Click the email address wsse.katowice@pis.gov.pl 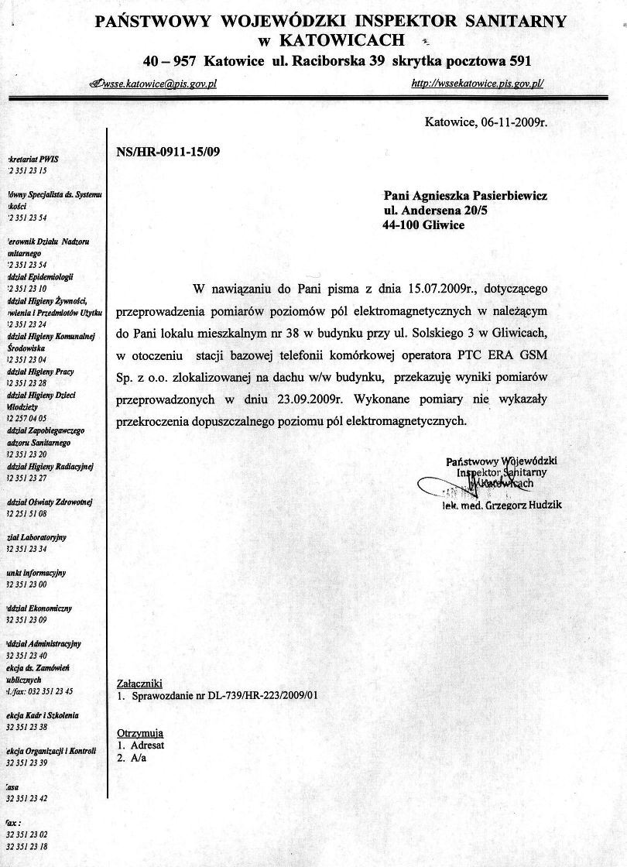tap(158, 84)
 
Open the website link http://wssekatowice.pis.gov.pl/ tap(478, 84)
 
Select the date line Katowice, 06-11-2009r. tap(487, 122)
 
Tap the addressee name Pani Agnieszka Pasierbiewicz tap(466, 197)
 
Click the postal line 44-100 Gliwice tap(423, 224)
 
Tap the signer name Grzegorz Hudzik tap(529, 505)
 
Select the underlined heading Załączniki tap(139, 684)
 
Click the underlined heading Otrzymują tap(139, 732)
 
